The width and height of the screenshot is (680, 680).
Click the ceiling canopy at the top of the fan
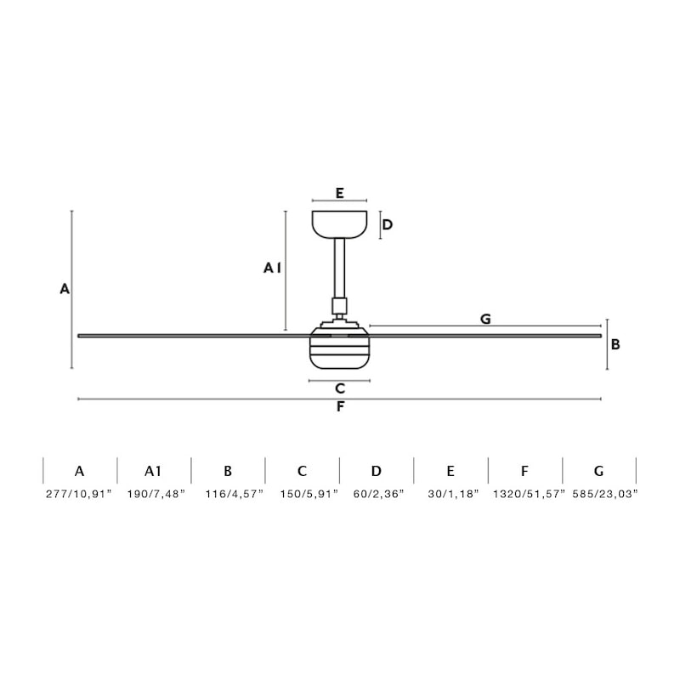point(339,224)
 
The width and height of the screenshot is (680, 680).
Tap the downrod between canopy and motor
point(339,269)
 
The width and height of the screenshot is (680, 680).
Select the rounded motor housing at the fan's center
point(339,348)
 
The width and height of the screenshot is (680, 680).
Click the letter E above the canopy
point(339,193)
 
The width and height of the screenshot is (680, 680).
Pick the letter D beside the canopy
point(388,224)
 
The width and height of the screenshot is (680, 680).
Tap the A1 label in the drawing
point(272,268)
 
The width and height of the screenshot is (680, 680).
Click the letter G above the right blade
point(485,320)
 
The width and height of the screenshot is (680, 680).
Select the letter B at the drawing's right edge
point(615,344)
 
